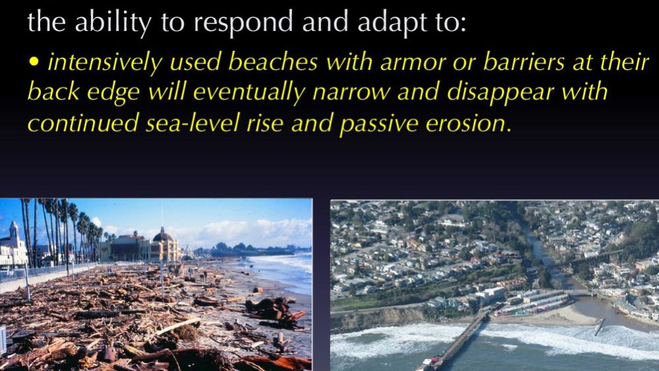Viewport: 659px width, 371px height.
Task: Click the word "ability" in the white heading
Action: (x=113, y=22)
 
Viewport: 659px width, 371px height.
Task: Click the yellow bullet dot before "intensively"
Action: (x=34, y=62)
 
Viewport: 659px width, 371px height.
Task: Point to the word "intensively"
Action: (x=105, y=62)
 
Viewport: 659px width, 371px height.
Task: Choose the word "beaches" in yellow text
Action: (x=272, y=62)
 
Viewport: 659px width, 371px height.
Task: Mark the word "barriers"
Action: (x=524, y=62)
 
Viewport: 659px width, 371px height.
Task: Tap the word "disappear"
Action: (x=500, y=92)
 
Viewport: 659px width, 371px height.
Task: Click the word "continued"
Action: (x=83, y=123)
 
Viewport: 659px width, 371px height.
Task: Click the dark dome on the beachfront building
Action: (x=163, y=235)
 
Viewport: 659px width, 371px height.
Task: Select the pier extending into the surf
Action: (x=456, y=341)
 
